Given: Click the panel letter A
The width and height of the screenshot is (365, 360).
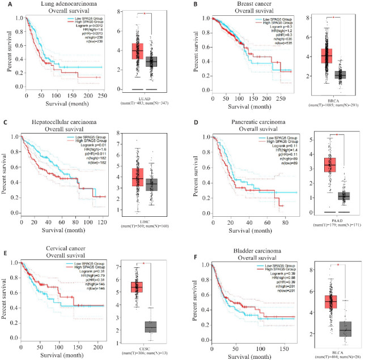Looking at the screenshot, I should pos(5,5).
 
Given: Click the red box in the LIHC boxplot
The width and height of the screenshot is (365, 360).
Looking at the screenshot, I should pos(138,177).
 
